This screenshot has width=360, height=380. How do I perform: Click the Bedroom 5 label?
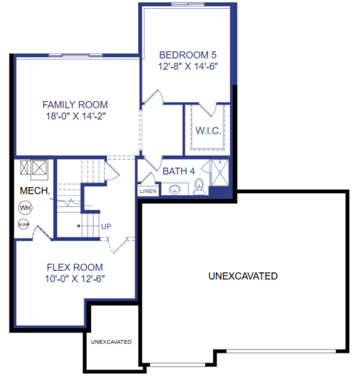(x=188, y=54)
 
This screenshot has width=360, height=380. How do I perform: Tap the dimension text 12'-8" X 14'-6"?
(x=188, y=66)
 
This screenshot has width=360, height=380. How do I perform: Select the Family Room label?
(x=75, y=105)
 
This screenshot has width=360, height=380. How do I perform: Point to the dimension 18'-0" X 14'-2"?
(x=75, y=117)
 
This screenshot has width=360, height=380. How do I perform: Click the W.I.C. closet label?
(x=206, y=131)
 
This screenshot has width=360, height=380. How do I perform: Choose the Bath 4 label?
(x=178, y=171)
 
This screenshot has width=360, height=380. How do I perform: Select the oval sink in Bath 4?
(x=174, y=190)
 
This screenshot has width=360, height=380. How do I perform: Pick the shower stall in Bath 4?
(x=220, y=177)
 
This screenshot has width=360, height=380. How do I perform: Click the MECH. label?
(x=35, y=191)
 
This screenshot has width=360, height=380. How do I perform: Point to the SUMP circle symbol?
(x=24, y=223)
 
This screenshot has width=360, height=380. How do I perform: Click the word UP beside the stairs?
(x=106, y=226)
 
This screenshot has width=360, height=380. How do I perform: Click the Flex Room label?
(x=75, y=267)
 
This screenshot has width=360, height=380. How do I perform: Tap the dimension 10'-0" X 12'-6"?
(x=75, y=279)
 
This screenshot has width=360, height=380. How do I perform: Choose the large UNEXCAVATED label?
(x=243, y=276)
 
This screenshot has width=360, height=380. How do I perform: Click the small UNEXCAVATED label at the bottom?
(x=111, y=342)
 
